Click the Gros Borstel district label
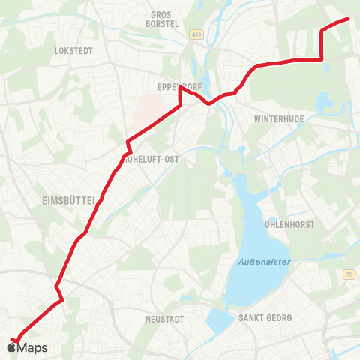(x=162, y=19)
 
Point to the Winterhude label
(x=277, y=119)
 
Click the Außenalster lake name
(x=259, y=261)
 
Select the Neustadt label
(x=163, y=319)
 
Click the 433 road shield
(x=196, y=34)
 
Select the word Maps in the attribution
(x=33, y=347)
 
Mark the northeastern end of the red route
(x=349, y=19)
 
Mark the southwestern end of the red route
(x=13, y=340)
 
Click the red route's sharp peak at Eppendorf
(x=180, y=87)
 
